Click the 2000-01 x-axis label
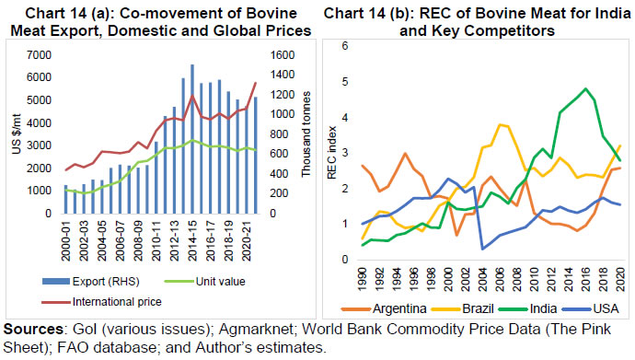coord(64,240)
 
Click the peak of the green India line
coord(585,88)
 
